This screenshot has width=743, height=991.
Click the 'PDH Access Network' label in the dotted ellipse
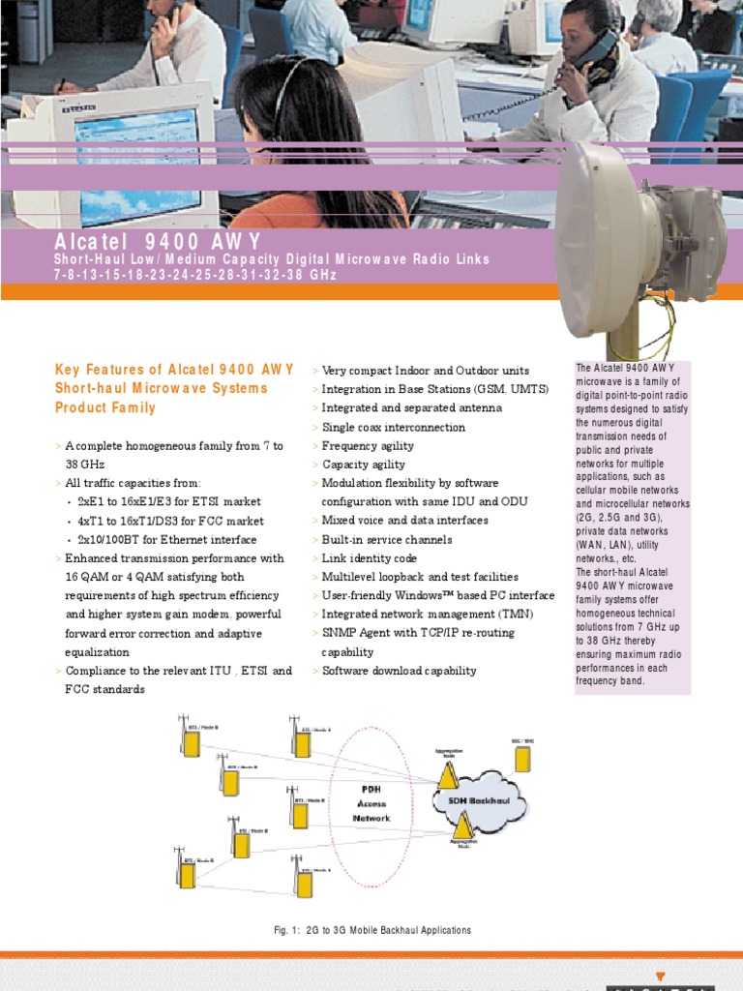click(x=371, y=803)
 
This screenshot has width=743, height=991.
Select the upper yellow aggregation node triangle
click(x=448, y=775)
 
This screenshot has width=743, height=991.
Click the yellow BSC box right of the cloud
click(x=522, y=758)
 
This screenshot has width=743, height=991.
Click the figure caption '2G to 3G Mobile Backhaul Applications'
click(x=372, y=930)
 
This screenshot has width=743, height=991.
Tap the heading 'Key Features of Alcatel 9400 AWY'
click(x=174, y=369)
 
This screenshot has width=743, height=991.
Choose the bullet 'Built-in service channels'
click(x=386, y=539)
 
